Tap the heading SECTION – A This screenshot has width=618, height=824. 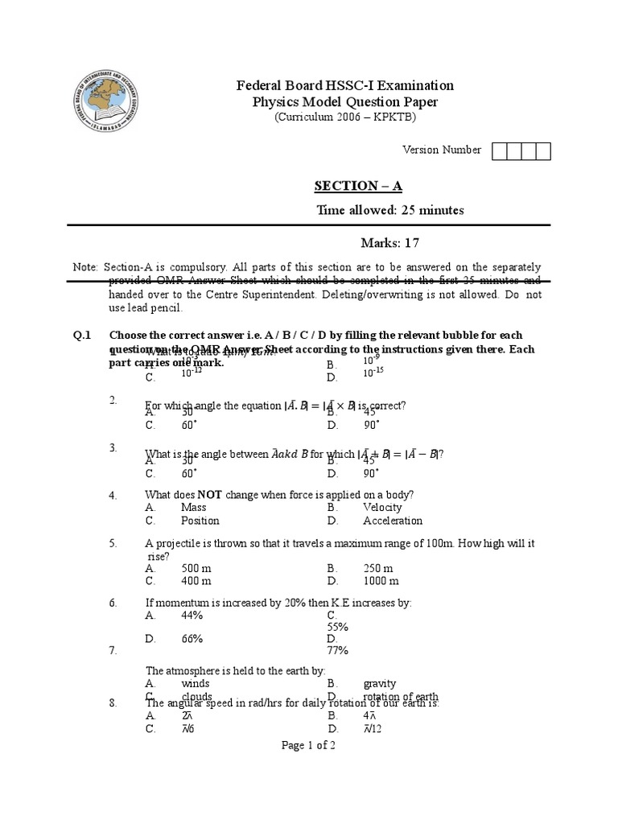click(357, 187)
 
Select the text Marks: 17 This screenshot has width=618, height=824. click(389, 243)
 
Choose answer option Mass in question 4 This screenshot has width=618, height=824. click(193, 508)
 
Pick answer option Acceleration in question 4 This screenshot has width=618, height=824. click(392, 521)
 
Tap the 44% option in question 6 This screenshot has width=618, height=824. click(192, 615)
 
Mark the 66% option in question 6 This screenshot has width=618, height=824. click(192, 639)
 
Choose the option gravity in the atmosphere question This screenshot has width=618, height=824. click(380, 684)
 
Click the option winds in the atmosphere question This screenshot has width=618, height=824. click(196, 684)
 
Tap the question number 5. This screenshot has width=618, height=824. click(113, 544)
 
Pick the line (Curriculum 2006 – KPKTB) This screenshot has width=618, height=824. click(345, 117)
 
